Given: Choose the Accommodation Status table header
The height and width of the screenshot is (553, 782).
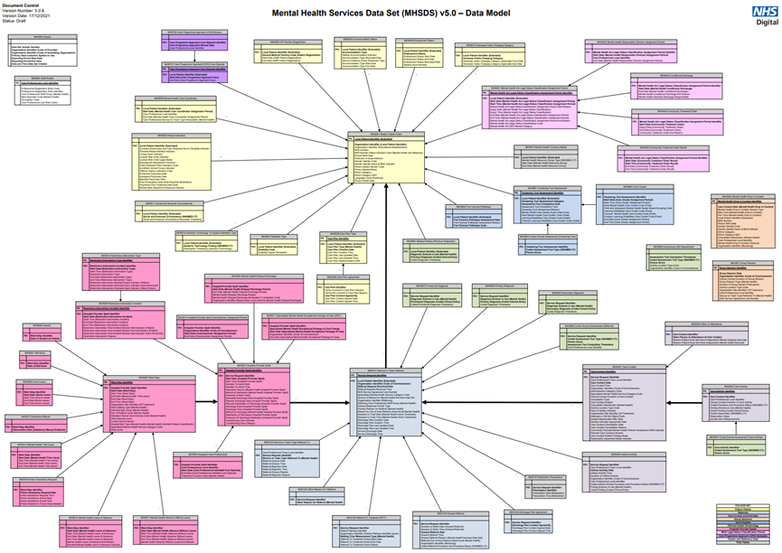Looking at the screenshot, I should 353,40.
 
